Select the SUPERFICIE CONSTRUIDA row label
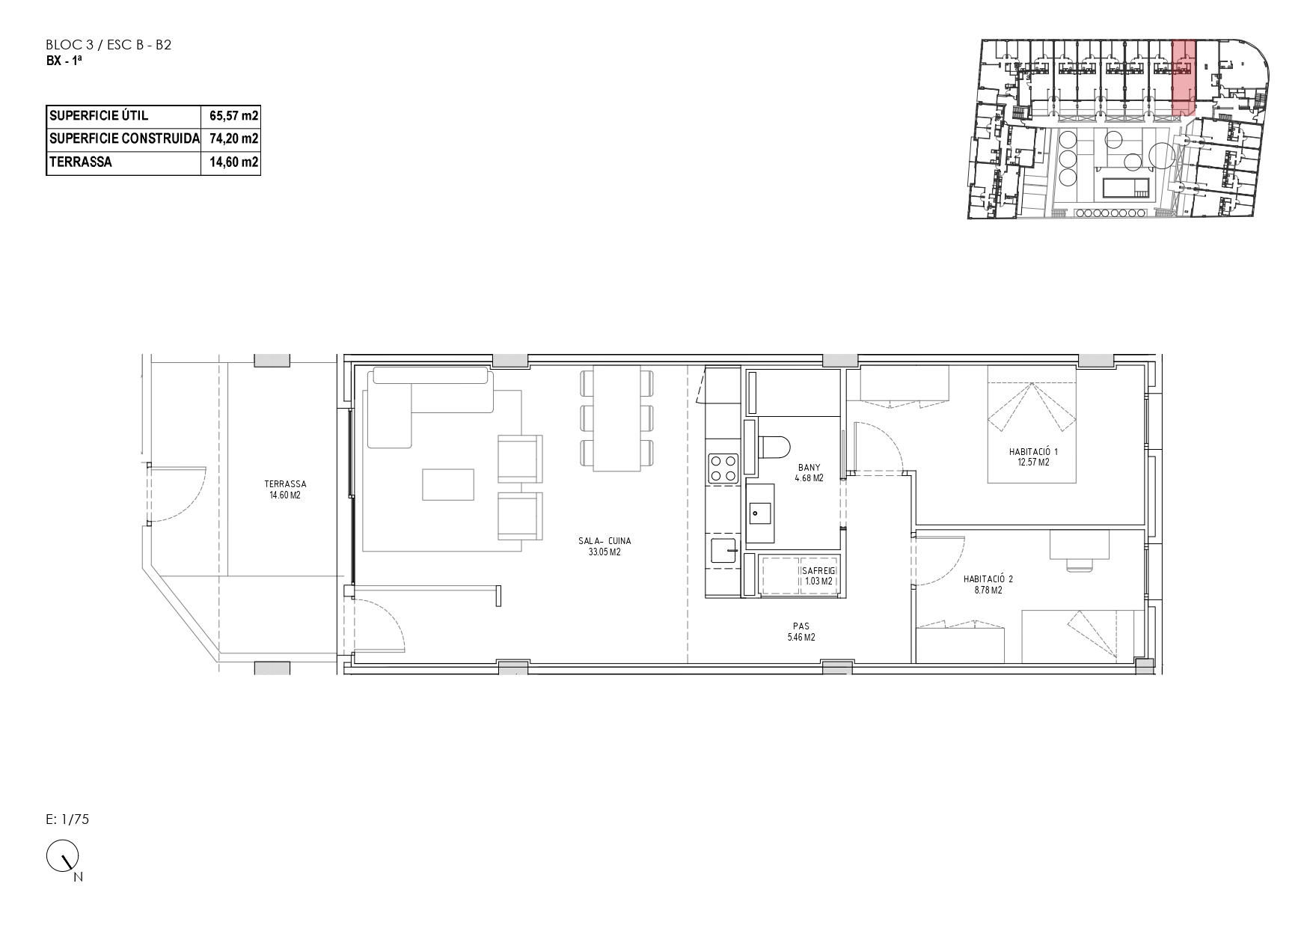pos(123,139)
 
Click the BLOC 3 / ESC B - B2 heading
pos(109,45)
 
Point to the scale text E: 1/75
pos(67,819)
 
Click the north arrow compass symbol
pos(63,856)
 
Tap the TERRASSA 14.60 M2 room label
pos(285,489)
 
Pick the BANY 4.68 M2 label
pos(809,473)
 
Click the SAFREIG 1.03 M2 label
pos(818,576)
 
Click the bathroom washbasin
pos(762,513)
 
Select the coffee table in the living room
pos(448,484)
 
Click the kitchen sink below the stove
pos(723,551)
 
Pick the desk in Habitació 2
pos(1079,545)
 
